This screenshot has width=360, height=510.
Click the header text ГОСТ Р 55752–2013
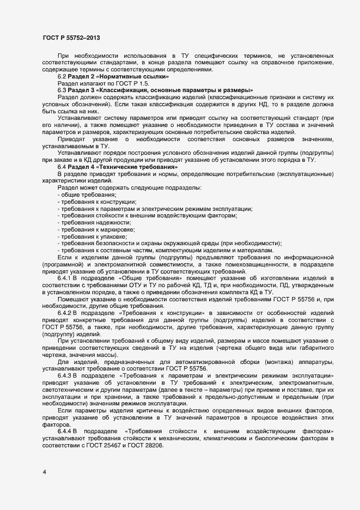[71, 38]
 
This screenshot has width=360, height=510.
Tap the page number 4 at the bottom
[44, 471]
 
